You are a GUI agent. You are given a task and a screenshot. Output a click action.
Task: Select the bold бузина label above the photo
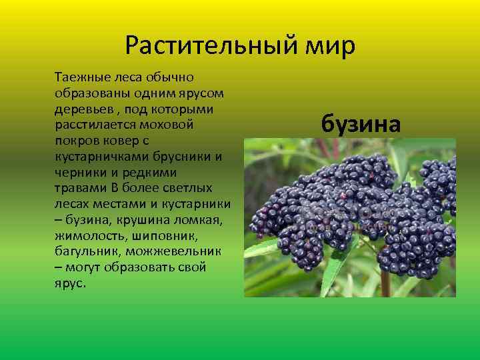[361, 123]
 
